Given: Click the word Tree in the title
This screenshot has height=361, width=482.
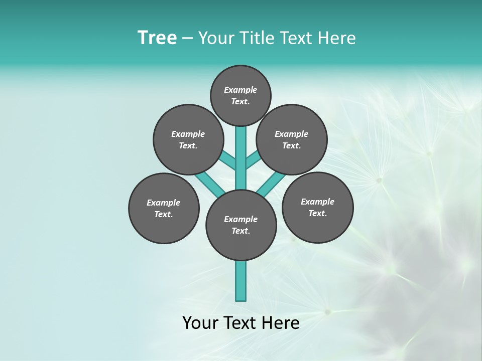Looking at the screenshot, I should (x=157, y=38).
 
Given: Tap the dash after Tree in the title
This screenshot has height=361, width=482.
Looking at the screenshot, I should (x=188, y=38).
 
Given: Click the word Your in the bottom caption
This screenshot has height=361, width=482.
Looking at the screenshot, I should (x=200, y=323).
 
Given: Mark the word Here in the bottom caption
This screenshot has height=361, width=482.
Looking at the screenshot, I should (x=281, y=323).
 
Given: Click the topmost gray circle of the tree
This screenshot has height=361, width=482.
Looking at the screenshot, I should (x=240, y=95).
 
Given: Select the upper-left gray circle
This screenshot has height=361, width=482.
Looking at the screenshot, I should (x=188, y=139).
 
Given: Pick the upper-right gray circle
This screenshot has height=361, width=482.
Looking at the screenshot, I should (x=292, y=139).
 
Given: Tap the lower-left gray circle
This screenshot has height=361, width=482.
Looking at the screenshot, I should (x=164, y=208).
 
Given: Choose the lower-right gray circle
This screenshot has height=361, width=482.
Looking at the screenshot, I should (x=317, y=207).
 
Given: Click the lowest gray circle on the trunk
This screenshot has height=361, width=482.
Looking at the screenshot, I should (x=241, y=225).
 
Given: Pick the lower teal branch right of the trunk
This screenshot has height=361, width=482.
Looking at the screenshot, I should (x=272, y=184).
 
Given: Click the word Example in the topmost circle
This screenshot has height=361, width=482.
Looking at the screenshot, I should (x=240, y=90).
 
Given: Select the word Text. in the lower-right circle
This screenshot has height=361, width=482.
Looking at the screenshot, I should (x=317, y=213).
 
